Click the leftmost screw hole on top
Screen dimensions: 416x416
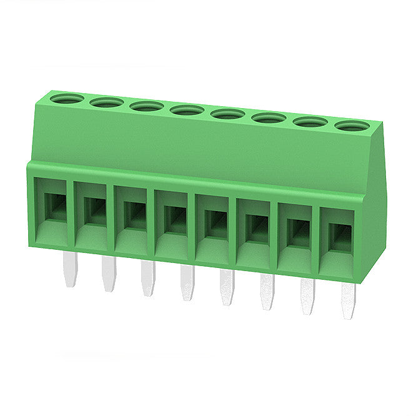(67, 99)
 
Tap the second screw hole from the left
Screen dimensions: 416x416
(107, 102)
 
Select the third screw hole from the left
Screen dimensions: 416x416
(147, 106)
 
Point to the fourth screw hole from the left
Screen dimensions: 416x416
(187, 110)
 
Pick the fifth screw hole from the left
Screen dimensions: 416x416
(228, 114)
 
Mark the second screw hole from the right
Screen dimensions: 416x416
(311, 122)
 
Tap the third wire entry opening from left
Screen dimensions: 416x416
(134, 215)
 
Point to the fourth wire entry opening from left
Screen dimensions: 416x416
(174, 219)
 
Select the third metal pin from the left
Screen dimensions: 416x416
(147, 280)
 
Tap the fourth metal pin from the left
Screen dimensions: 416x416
(187, 284)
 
